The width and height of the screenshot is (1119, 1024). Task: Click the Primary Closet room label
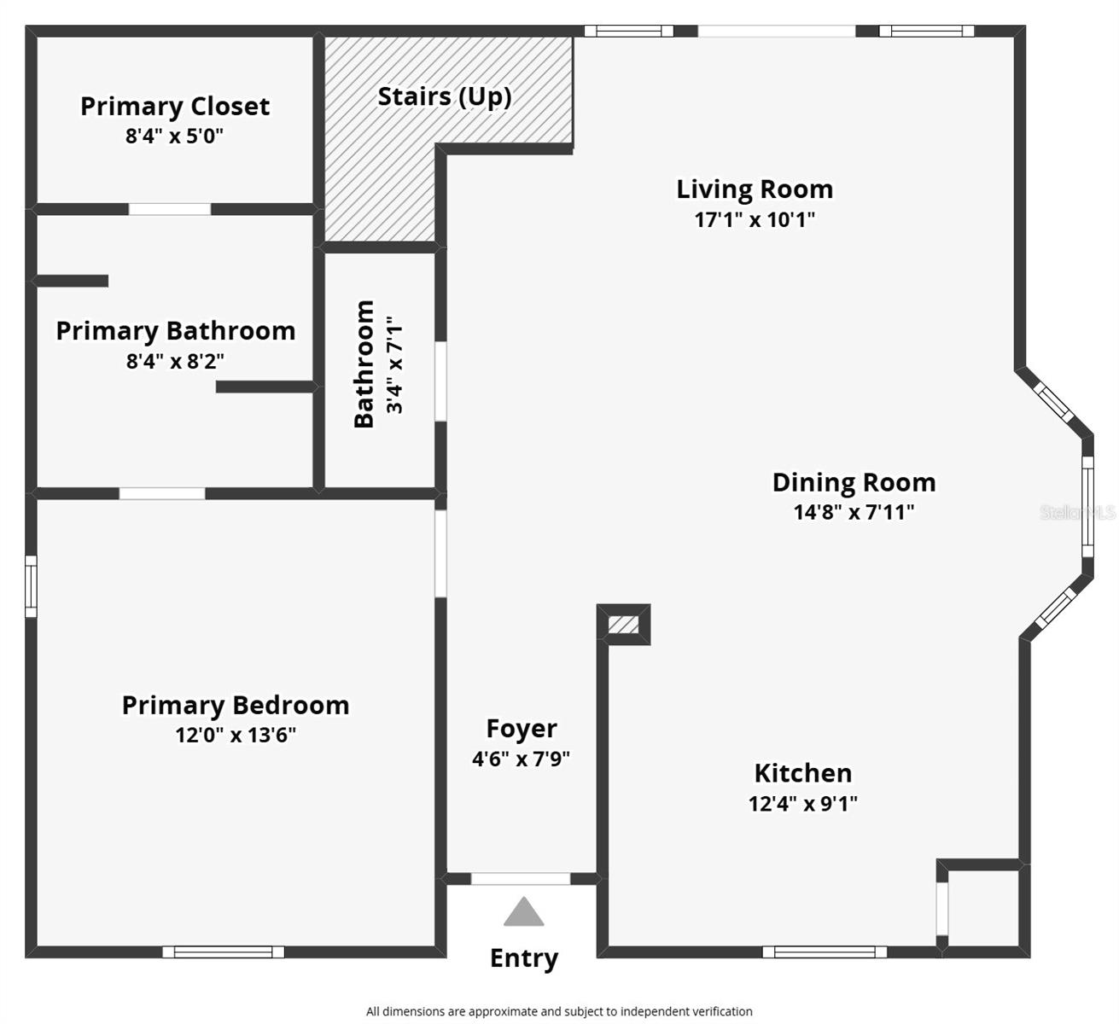(x=175, y=107)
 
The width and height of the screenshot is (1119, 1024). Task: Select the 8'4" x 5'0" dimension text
(x=174, y=136)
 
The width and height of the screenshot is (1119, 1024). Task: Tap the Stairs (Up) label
(x=445, y=96)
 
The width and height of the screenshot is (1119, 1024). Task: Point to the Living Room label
(x=755, y=189)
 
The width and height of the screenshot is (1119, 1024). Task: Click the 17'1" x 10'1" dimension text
(x=755, y=219)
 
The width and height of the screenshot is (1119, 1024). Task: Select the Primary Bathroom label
(x=176, y=331)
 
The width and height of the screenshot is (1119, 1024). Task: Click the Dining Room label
(x=854, y=482)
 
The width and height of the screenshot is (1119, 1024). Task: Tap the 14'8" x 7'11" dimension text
(x=854, y=512)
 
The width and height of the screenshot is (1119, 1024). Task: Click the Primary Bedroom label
(x=236, y=706)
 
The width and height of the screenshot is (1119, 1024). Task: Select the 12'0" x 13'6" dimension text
(x=236, y=735)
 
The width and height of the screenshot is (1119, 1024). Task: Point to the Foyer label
(x=522, y=729)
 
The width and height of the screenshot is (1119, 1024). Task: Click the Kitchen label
(x=802, y=773)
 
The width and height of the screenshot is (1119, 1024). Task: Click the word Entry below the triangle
(x=524, y=958)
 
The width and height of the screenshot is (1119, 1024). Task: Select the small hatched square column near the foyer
(x=624, y=625)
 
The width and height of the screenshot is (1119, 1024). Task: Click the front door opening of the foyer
(x=521, y=879)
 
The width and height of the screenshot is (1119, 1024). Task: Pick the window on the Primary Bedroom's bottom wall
(x=224, y=951)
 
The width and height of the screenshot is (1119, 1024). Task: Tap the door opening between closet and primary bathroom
(x=170, y=209)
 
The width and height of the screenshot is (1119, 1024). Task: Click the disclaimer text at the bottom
(x=559, y=1011)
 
